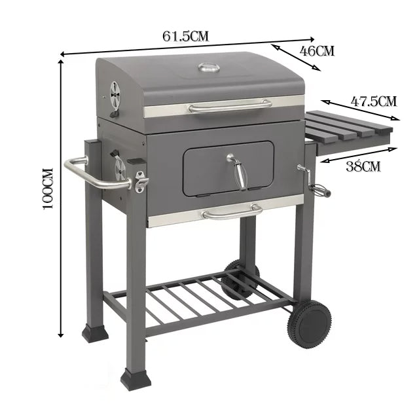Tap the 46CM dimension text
317,51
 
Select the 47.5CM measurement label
374,101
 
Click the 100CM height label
47,189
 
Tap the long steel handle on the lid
229,105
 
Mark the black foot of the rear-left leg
95,333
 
